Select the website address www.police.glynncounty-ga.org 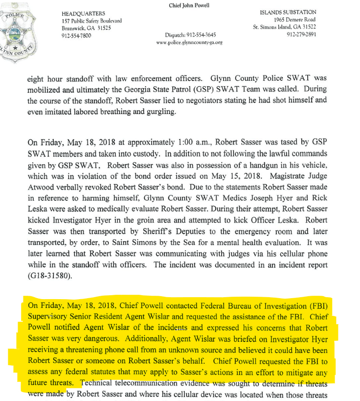coord(189,43)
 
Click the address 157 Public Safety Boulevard coord(92,21)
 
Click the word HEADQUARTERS coord(83,13)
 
